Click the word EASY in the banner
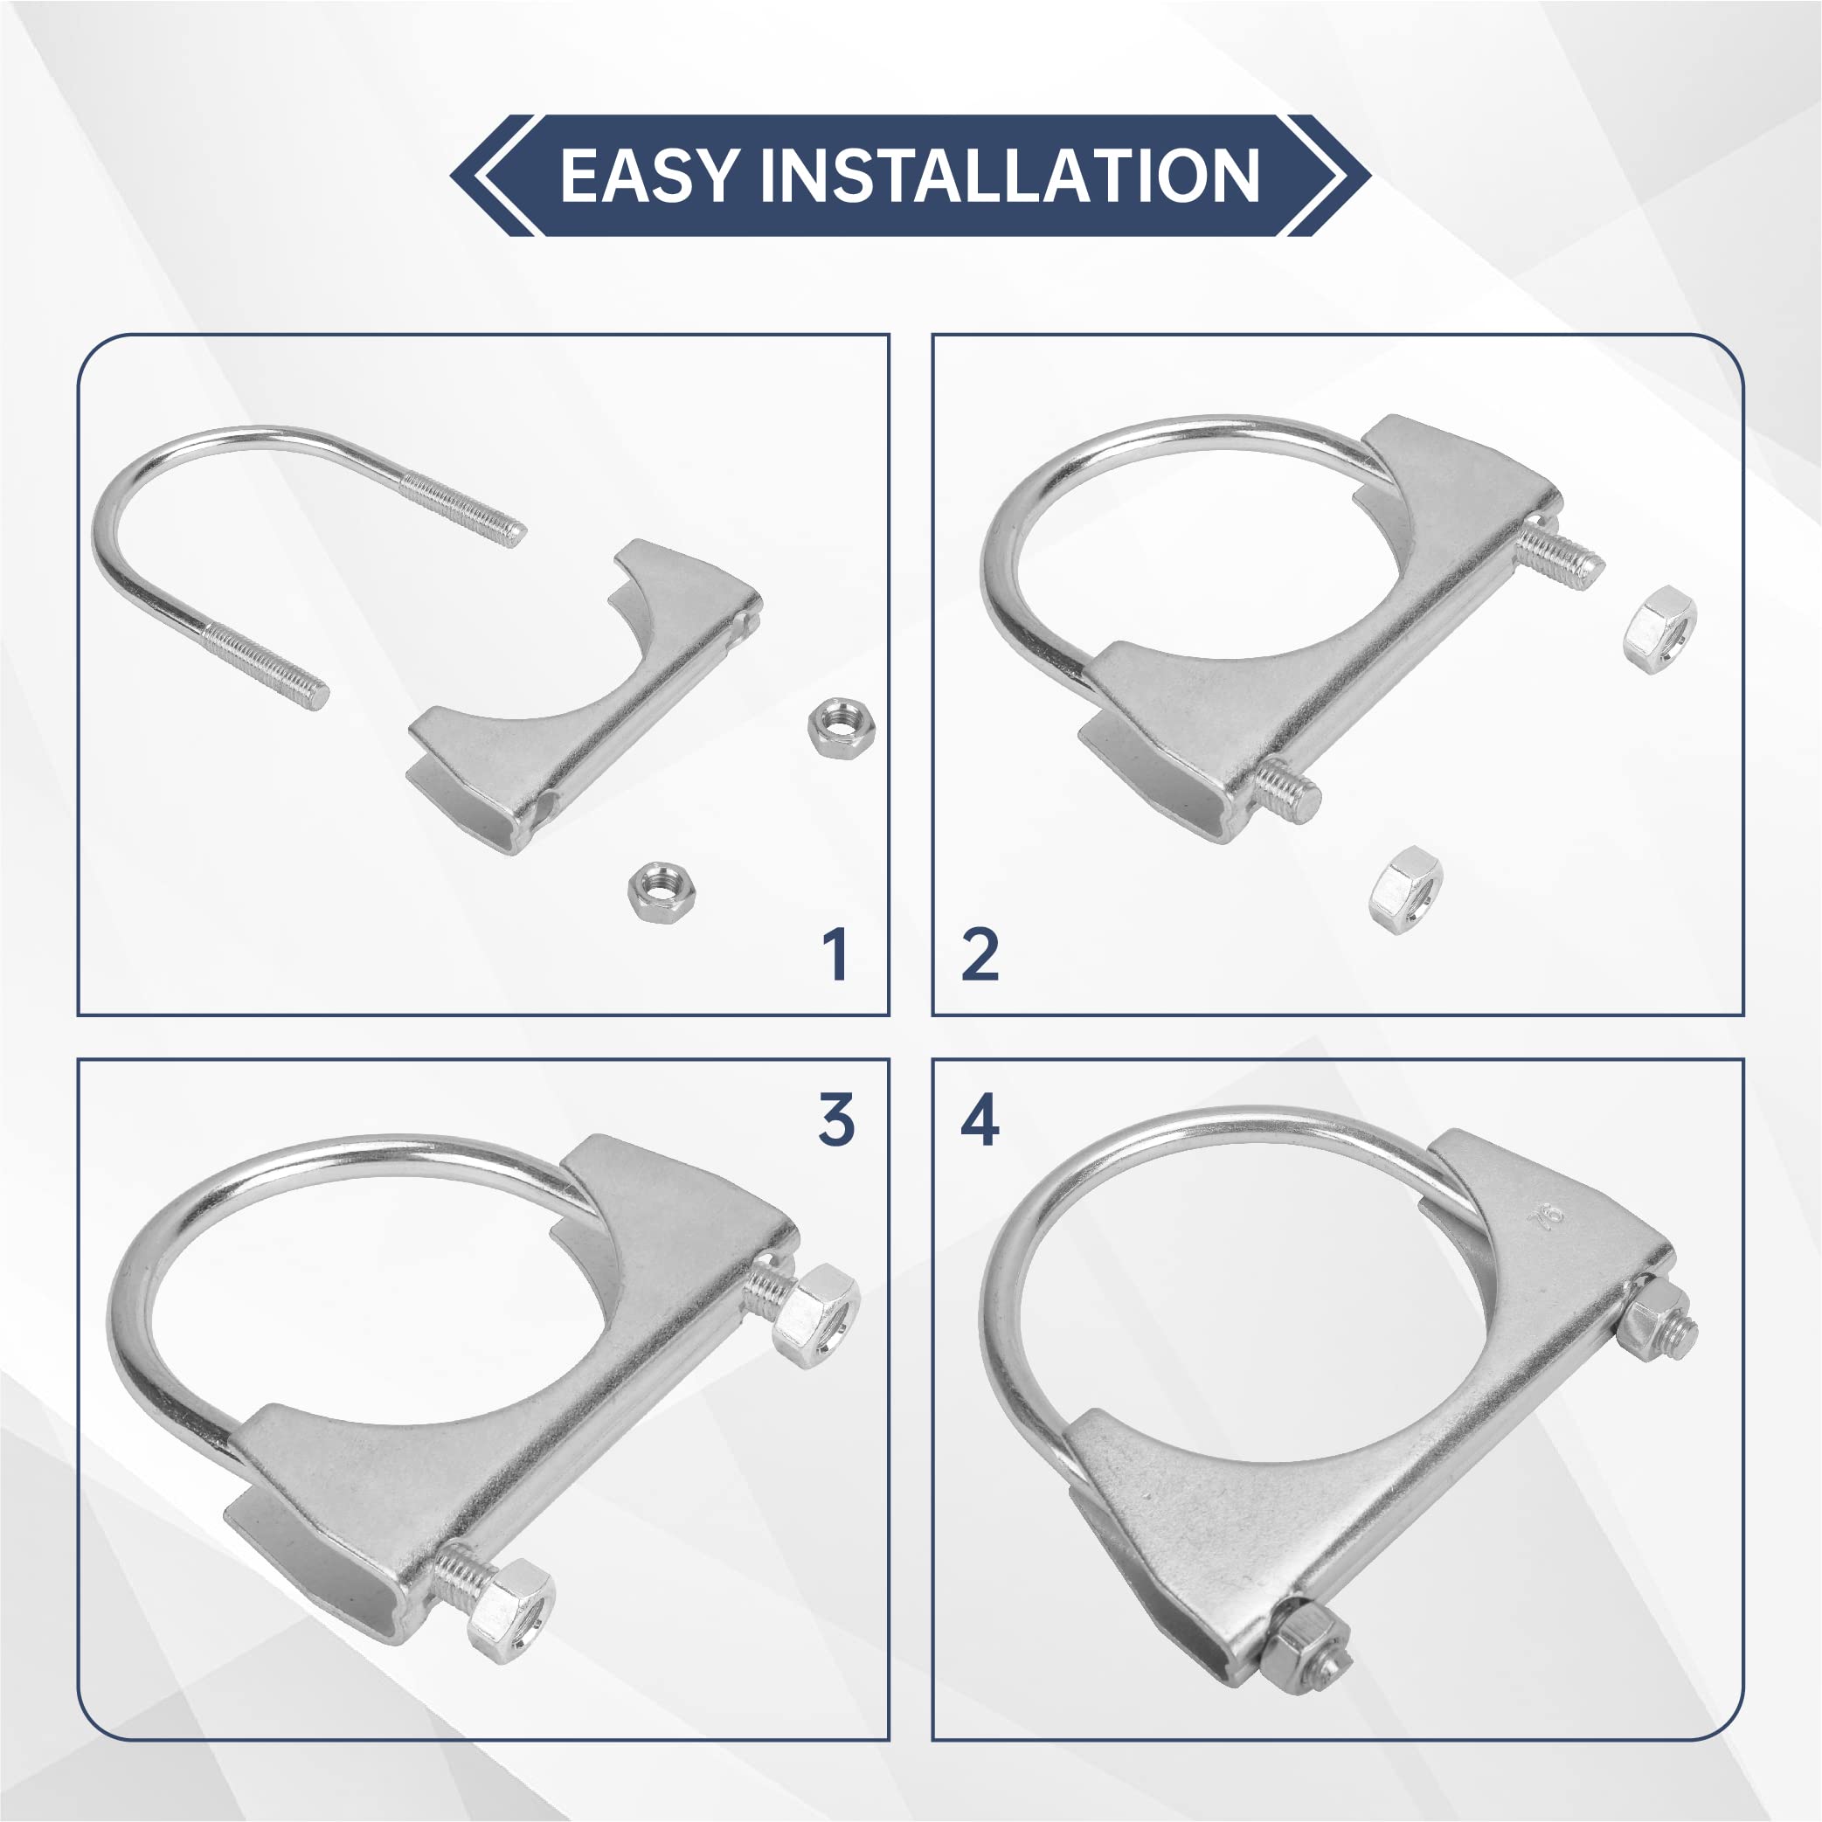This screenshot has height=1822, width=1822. coord(648,176)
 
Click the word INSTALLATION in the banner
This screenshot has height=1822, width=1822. coord(1009,176)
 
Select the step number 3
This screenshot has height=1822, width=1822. coord(835,1120)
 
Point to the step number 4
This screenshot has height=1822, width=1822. coord(980,1120)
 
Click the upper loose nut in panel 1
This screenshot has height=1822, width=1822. coord(842,724)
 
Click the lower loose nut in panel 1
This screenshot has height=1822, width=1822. coord(662,891)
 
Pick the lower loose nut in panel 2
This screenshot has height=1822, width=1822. coord(1405,890)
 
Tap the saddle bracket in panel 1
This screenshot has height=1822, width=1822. coord(585,698)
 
